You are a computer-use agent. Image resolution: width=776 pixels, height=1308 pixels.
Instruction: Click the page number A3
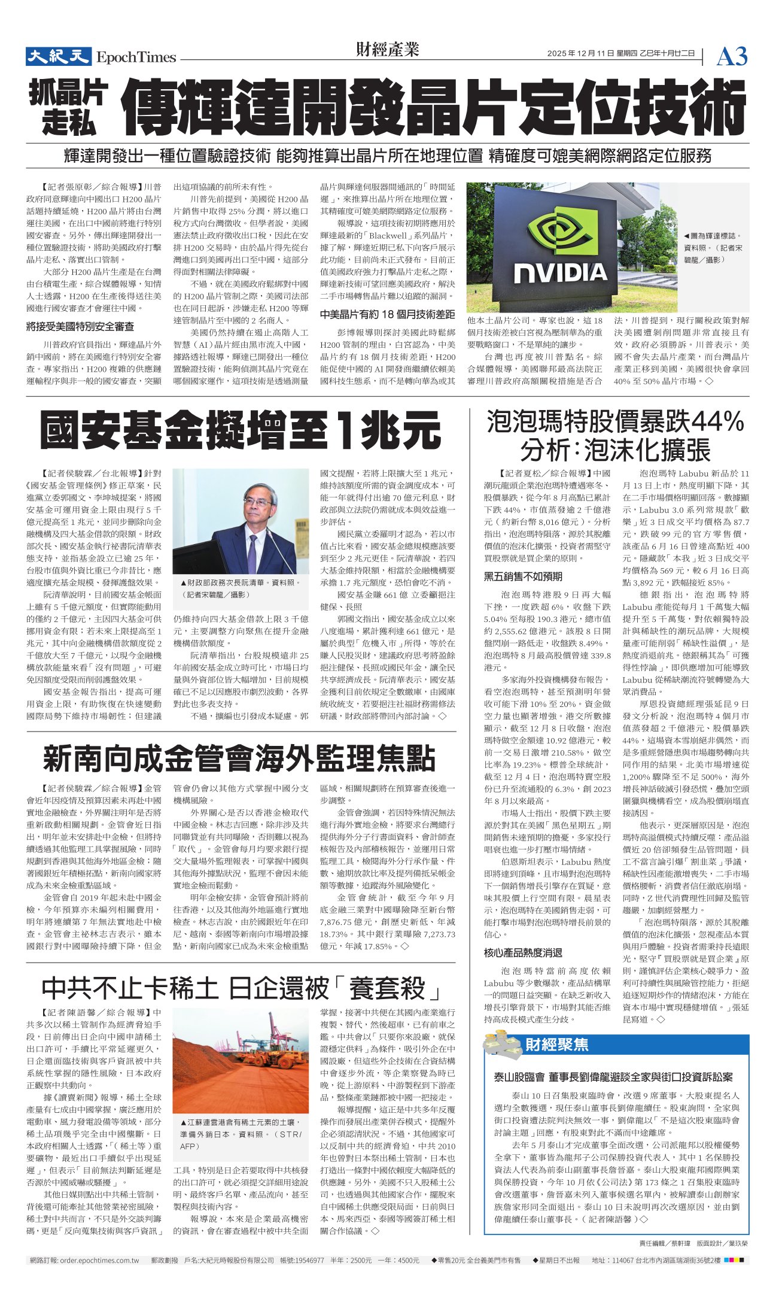[x=732, y=57]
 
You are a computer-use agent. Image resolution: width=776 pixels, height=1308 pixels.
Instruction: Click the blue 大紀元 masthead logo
[x=57, y=56]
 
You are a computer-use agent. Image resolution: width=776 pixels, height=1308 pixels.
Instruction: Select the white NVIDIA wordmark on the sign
[x=561, y=273]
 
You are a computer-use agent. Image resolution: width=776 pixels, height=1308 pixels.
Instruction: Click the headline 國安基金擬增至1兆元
[x=241, y=430]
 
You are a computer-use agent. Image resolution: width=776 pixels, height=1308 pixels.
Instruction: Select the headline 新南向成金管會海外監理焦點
[x=239, y=758]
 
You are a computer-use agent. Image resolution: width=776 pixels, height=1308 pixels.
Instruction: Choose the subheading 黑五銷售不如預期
[x=523, y=576]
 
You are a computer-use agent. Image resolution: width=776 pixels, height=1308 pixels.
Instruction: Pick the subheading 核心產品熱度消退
[x=523, y=952]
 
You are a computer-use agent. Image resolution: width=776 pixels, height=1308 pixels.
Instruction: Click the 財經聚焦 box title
[x=556, y=1045]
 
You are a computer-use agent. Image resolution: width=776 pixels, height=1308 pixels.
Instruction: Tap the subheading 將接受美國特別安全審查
[x=80, y=327]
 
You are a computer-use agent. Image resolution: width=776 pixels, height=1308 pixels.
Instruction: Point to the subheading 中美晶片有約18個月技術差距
[x=387, y=314]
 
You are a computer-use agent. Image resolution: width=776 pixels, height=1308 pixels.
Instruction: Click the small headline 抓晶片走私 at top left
[x=69, y=108]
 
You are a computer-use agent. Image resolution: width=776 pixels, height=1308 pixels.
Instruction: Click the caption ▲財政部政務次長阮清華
[x=239, y=582]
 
